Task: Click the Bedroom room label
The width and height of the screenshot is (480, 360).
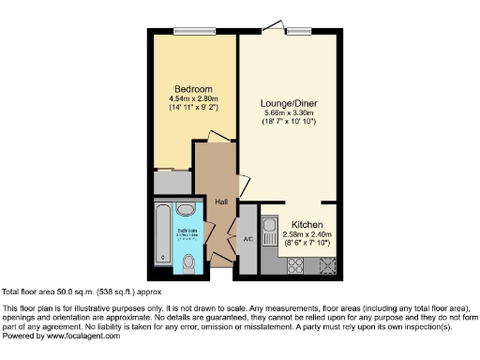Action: [x=193, y=89]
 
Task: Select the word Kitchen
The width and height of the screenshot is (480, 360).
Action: [x=308, y=225]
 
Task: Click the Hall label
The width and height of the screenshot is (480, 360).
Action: [x=221, y=202]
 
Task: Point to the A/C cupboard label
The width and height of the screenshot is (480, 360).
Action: [x=247, y=238]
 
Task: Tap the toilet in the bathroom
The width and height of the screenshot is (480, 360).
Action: [x=191, y=260]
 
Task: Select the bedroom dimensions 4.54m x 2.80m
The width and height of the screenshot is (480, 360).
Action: [x=193, y=98]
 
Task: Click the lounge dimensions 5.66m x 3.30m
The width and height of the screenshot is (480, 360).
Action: [x=285, y=113]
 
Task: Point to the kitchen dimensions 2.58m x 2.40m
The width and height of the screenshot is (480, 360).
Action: [x=308, y=234]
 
